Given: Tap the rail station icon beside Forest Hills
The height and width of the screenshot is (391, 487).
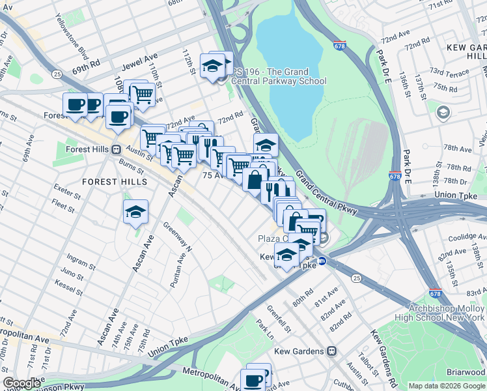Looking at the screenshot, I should (117, 149).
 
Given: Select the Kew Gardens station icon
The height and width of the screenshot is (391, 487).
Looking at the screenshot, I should (332, 351).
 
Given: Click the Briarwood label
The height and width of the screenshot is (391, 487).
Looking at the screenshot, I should (466, 371).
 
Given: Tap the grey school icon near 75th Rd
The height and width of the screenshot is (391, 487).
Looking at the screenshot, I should (443, 113).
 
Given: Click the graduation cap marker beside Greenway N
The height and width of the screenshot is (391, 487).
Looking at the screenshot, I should (135, 211).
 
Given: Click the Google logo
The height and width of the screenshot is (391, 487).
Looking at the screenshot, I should (21, 383).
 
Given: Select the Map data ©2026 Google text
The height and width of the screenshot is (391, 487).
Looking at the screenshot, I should (446, 386).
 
